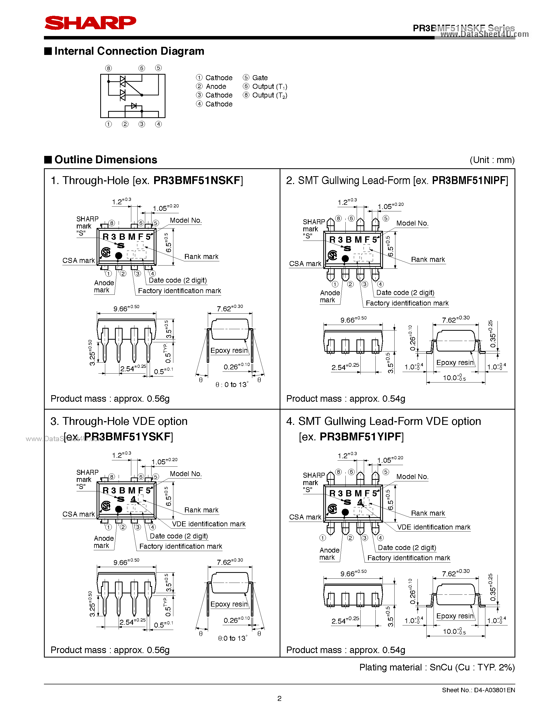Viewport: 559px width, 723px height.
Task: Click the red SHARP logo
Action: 90,23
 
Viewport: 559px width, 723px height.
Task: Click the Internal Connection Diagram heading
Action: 129,51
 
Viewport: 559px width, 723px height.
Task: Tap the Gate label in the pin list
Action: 260,78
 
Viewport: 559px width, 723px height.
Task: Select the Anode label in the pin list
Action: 216,86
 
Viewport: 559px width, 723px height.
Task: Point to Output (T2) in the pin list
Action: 270,95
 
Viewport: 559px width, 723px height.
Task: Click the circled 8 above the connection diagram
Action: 108,68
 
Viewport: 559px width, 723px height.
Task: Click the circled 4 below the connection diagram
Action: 159,124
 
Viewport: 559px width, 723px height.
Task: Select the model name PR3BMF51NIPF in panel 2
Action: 470,180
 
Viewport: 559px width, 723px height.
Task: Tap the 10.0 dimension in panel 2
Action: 454,378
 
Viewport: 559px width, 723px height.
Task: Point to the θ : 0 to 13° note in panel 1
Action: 231,385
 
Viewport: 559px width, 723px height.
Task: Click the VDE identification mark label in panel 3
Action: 209,524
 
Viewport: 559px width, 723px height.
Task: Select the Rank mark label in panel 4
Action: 427,513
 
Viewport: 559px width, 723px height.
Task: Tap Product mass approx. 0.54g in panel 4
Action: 345,650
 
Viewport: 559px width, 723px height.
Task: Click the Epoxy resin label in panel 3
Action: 229,604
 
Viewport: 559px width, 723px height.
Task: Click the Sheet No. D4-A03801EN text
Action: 478,690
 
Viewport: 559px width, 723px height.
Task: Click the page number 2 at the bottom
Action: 279,699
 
